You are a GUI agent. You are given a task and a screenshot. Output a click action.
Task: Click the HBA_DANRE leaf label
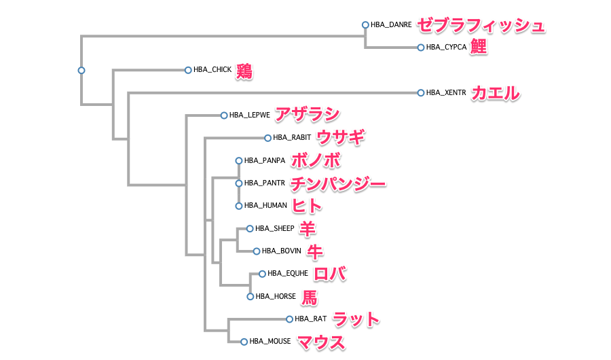click(x=391, y=24)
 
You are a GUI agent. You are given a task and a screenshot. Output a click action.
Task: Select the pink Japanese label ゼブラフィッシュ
click(x=481, y=25)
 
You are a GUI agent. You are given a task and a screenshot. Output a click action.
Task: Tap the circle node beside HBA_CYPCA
click(x=421, y=48)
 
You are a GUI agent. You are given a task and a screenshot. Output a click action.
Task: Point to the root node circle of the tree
click(x=81, y=70)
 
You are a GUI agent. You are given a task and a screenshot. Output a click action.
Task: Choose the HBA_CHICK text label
click(x=212, y=69)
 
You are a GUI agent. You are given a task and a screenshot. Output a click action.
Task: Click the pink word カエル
click(x=496, y=92)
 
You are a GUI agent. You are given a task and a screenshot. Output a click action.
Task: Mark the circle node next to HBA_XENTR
click(x=421, y=92)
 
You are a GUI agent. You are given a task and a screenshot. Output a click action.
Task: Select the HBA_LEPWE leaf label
click(x=250, y=115)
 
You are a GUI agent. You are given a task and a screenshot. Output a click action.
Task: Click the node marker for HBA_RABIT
click(x=268, y=138)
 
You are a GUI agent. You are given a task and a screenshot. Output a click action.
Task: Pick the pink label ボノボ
click(x=315, y=160)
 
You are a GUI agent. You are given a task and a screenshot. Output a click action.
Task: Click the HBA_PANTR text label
click(x=264, y=183)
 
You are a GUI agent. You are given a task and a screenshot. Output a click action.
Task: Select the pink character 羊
click(x=308, y=228)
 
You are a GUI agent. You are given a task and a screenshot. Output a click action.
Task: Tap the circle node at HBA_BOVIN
click(x=257, y=251)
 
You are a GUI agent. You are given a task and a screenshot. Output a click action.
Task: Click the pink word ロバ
click(x=331, y=274)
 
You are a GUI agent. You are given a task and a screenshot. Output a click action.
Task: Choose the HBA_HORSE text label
click(x=276, y=296)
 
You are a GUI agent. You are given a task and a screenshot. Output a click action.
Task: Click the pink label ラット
click(x=356, y=319)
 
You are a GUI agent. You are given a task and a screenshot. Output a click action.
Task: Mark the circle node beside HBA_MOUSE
click(x=244, y=342)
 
